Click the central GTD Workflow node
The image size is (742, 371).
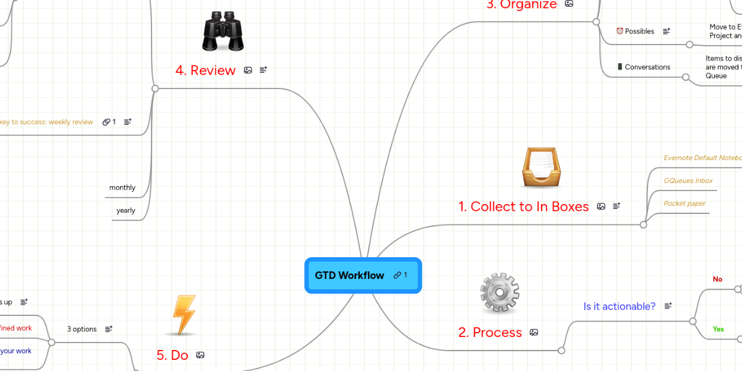[x=350, y=275]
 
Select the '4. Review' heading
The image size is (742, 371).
[x=205, y=70]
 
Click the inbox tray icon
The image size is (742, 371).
[x=542, y=168]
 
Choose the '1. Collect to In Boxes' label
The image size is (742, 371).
[x=523, y=207]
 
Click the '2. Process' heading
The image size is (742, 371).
[x=490, y=333]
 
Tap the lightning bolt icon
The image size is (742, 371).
[x=184, y=315]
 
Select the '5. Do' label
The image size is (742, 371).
[x=172, y=355]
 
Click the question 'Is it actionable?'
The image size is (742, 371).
[x=619, y=306]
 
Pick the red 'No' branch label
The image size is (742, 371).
[x=717, y=279]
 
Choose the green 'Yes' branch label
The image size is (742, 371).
[x=718, y=329]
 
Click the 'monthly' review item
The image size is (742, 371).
[x=122, y=188]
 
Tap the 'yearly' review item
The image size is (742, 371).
[x=126, y=211]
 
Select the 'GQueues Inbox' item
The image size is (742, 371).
[x=688, y=181]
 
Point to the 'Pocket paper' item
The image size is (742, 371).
[x=684, y=203]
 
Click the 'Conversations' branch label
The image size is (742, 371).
[x=647, y=67]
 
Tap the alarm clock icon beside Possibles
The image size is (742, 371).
[x=620, y=31]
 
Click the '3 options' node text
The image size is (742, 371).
[x=82, y=329]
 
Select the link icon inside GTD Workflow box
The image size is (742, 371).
[x=397, y=275]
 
